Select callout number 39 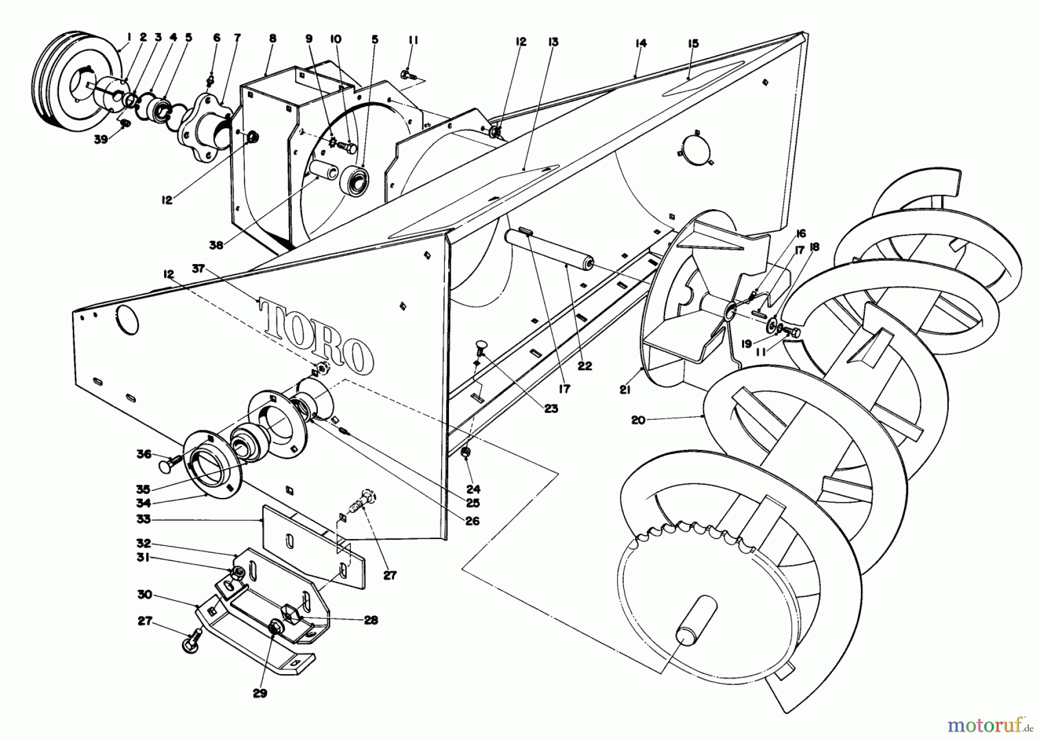(102, 139)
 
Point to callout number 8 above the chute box (273, 39)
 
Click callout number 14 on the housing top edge (640, 43)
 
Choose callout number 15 (693, 44)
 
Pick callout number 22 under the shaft (585, 365)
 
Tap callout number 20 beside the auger (638, 420)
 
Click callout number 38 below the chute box (216, 244)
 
